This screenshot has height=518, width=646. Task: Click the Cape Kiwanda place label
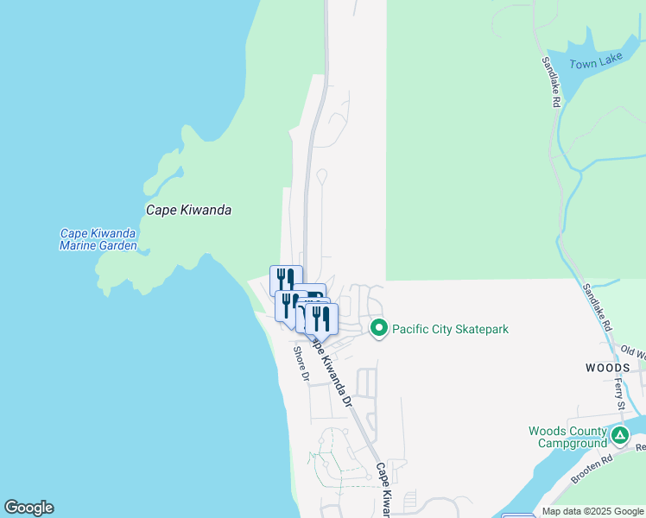(x=188, y=210)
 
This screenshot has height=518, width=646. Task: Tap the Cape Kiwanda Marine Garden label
(x=98, y=239)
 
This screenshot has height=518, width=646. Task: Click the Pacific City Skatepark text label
(x=450, y=329)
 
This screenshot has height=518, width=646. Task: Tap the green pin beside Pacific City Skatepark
(x=378, y=328)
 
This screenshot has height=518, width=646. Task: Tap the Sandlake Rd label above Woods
(x=597, y=307)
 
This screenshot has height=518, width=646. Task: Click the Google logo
(x=28, y=508)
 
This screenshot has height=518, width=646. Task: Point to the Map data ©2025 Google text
(x=592, y=512)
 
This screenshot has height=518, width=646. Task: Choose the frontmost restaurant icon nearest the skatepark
(x=321, y=319)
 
